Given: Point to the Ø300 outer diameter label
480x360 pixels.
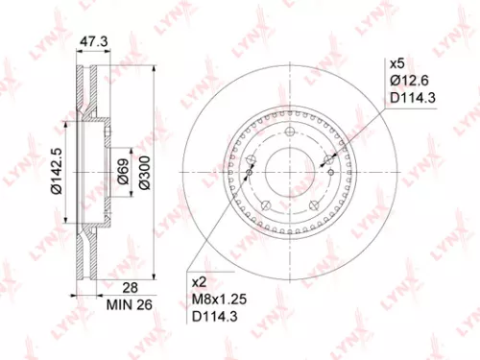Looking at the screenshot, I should coord(145,174).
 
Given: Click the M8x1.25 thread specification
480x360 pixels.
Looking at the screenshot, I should coord(219,299).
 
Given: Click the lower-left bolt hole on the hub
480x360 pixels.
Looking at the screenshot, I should coord(265,206).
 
